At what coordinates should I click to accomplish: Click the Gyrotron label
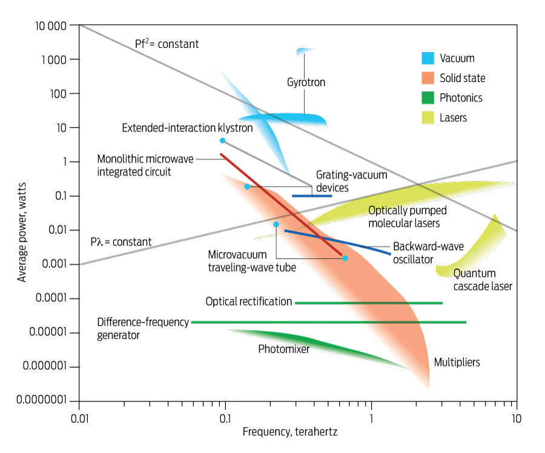306,82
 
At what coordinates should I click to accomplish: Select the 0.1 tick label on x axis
225,418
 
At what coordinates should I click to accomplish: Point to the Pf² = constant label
167,44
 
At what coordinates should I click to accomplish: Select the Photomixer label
283,349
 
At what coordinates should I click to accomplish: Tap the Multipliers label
457,362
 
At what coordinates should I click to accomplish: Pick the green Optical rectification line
369,302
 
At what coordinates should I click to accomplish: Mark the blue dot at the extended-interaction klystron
222,141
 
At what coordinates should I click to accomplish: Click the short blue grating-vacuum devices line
312,196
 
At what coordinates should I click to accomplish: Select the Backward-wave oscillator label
422,253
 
